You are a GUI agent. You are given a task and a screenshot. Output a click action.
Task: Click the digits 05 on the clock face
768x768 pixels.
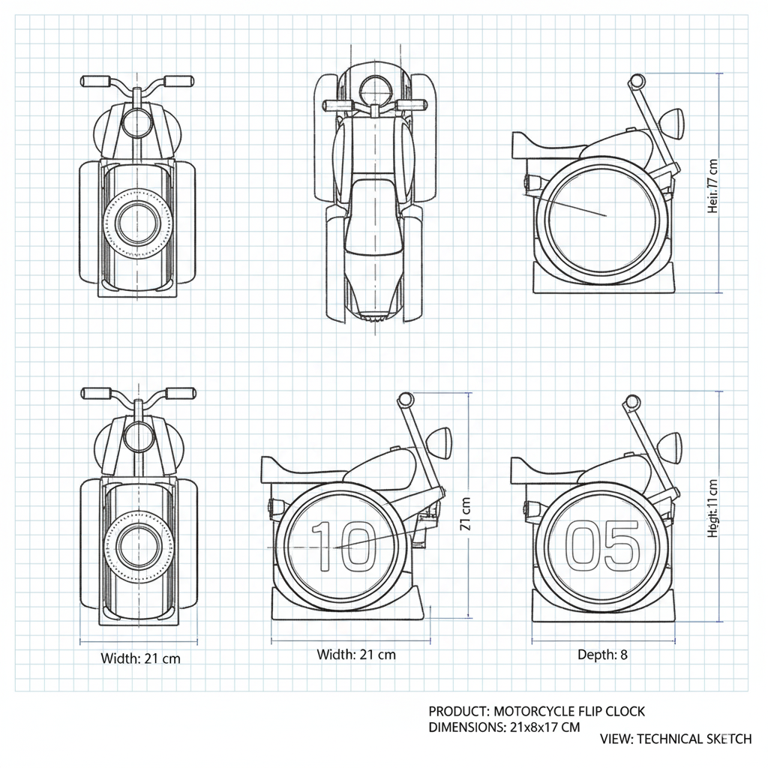pos(602,544)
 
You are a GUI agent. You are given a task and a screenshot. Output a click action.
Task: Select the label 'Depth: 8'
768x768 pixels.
pos(602,655)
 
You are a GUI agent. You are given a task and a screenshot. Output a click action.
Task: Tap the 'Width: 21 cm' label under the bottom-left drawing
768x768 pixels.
pos(140,658)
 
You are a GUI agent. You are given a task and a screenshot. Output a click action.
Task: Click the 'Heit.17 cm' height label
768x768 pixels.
pos(712,186)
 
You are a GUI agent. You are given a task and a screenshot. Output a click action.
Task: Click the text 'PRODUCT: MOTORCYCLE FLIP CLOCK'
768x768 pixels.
pos(536,711)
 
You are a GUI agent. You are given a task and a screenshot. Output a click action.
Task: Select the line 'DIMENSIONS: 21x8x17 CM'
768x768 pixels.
pos(505,727)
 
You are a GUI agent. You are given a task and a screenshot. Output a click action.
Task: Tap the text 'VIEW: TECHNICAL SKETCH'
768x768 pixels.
pos(676,739)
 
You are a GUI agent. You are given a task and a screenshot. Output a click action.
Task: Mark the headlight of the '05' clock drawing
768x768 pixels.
pos(669,445)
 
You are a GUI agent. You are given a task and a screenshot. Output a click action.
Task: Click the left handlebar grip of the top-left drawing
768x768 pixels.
pos(96,80)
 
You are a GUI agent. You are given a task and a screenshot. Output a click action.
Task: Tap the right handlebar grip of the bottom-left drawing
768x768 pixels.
pos(180,392)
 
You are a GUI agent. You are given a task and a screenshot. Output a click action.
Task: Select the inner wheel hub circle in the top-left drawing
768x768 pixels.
pos(137,222)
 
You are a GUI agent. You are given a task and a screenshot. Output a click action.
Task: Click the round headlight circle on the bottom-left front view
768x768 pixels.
pos(137,435)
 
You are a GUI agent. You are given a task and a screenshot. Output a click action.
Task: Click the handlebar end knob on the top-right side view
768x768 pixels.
pos(637,81)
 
